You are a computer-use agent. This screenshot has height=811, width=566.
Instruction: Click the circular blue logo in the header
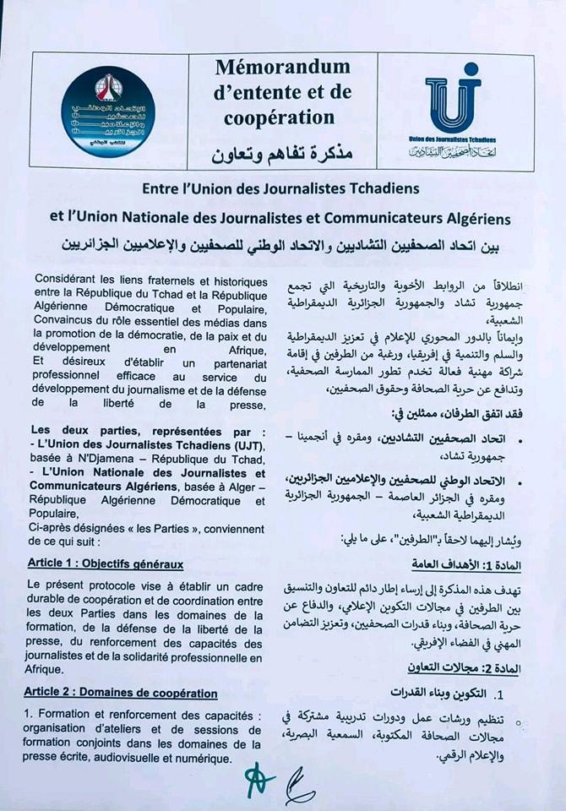[108, 110]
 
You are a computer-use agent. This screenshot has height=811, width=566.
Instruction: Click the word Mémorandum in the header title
[282, 67]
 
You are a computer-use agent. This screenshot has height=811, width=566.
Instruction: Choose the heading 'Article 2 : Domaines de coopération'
[121, 694]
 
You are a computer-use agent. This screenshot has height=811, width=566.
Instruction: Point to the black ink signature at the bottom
[300, 787]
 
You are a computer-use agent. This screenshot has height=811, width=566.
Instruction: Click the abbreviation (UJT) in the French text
[243, 446]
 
